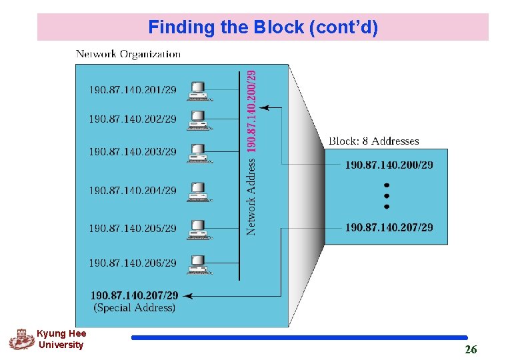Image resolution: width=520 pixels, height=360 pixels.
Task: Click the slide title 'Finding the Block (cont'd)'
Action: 263,27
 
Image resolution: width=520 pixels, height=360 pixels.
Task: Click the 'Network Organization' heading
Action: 128,53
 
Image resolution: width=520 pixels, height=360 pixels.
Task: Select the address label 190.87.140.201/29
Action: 133,89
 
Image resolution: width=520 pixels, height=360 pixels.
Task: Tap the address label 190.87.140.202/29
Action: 133,119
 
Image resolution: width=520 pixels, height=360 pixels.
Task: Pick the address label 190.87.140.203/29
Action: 133,151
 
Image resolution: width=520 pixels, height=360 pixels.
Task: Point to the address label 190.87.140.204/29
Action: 133,190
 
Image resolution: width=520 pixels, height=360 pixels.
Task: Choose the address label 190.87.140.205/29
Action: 133,228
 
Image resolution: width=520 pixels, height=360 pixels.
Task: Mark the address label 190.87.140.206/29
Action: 133,263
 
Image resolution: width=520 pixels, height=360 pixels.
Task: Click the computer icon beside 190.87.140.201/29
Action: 199,90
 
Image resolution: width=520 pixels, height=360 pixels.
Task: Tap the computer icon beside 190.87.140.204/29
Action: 199,191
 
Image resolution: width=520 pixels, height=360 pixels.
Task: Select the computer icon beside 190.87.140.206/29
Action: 199,264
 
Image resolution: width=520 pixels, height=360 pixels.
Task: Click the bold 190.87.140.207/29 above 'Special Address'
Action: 134,295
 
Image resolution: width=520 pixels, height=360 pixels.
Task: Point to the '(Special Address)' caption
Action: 134,307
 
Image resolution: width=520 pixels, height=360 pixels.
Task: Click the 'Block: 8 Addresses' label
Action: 373,141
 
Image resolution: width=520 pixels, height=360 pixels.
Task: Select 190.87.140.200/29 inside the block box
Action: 389,165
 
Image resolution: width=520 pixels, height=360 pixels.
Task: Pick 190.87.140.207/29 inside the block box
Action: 389,227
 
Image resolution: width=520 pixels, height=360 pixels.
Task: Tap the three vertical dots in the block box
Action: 387,196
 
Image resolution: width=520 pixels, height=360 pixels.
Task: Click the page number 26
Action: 471,349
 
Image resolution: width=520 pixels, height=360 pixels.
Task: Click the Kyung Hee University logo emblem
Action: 21,339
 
